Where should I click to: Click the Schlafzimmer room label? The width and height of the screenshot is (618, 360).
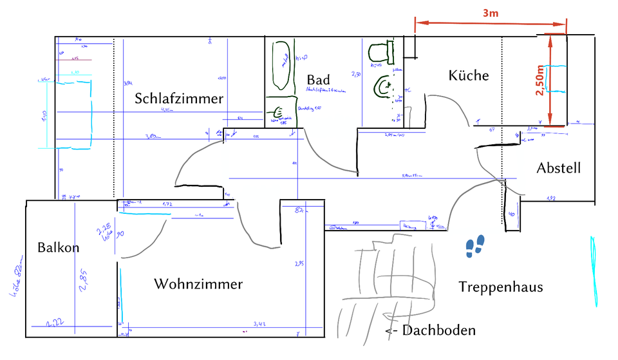coord(179,99)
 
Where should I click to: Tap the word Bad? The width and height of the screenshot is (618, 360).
coord(318,80)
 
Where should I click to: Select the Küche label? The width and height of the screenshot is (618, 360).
coord(469,75)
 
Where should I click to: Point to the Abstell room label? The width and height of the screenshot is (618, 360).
coord(558,169)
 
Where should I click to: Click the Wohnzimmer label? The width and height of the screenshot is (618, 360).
coord(198,284)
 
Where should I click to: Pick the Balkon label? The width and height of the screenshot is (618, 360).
coord(58,247)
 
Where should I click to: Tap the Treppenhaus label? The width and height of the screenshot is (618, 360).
coord(500,287)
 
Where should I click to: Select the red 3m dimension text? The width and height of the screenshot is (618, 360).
coord(491,12)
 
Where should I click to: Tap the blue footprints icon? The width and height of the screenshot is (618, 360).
coord(476,246)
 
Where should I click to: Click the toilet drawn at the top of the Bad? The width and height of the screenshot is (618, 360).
coord(381,50)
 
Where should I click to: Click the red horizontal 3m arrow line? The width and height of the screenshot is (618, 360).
coord(491,24)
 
